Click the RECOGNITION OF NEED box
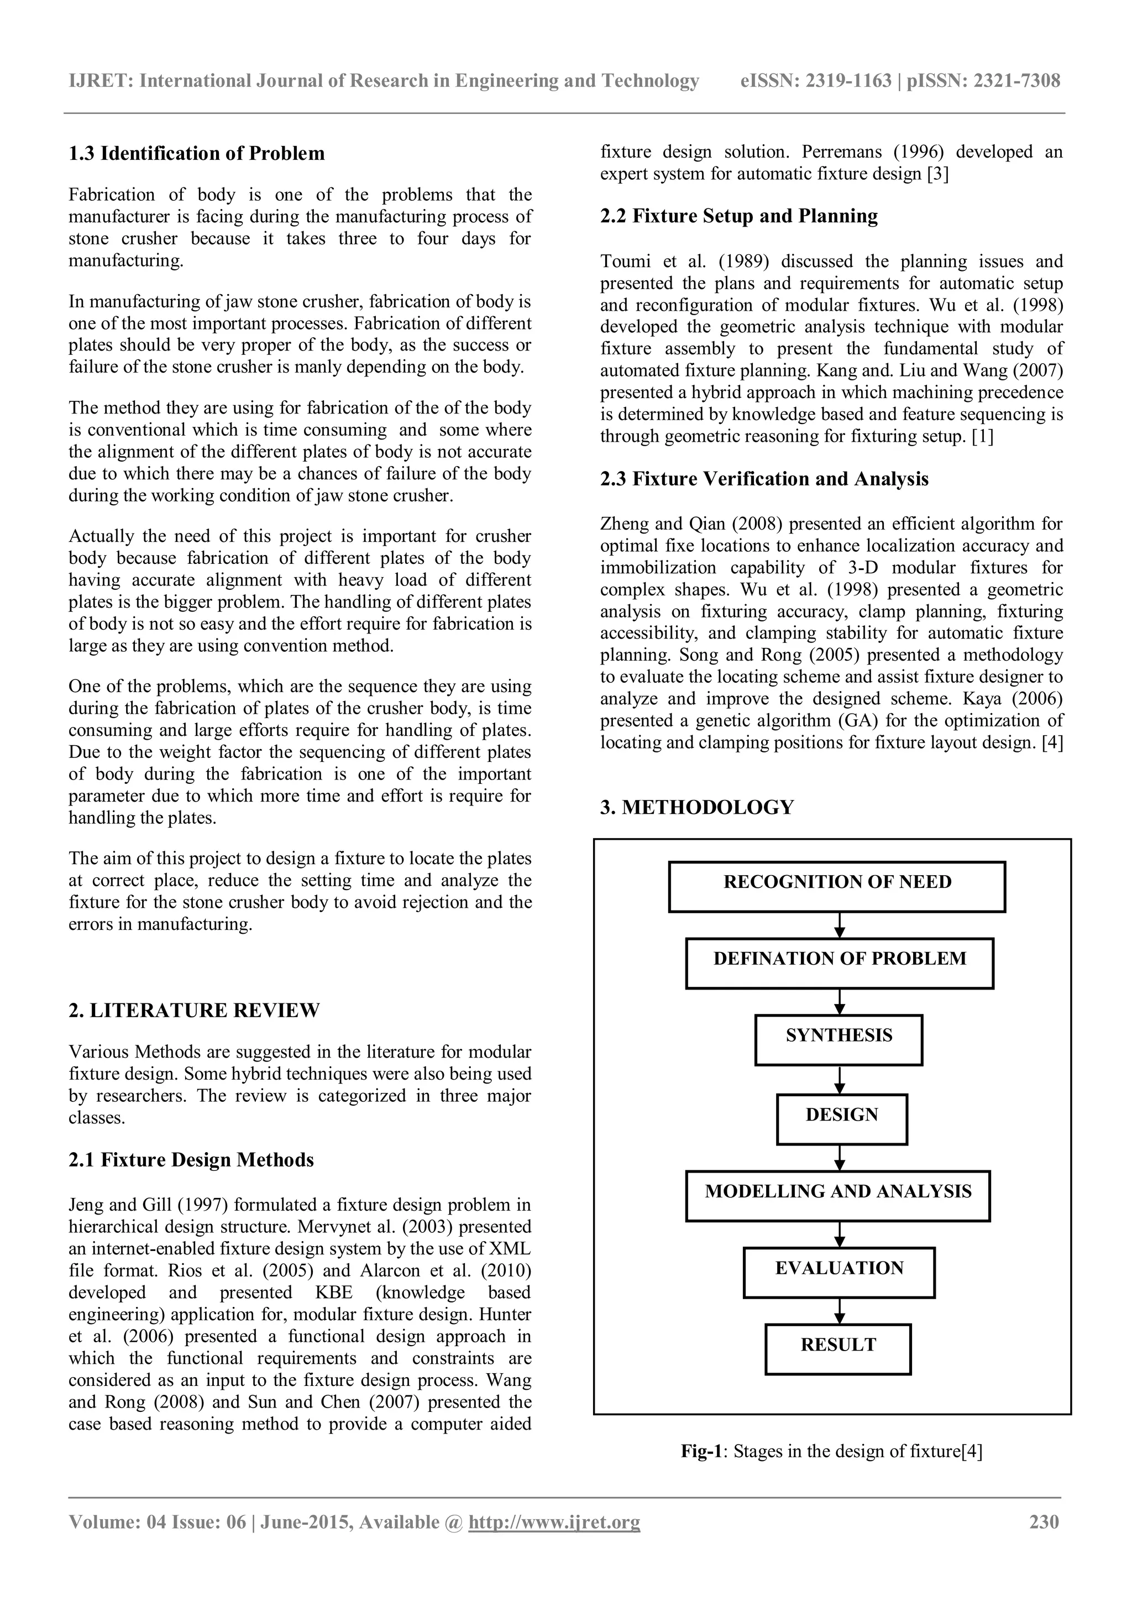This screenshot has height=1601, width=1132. click(x=836, y=886)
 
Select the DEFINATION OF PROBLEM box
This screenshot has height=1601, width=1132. click(x=839, y=963)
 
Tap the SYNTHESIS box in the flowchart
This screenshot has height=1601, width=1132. click(x=838, y=1040)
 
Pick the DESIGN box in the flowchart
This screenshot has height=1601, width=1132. click(x=841, y=1119)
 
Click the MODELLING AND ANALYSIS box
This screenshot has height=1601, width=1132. click(x=838, y=1196)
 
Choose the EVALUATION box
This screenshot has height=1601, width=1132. click(x=838, y=1273)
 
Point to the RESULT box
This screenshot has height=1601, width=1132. click(x=838, y=1349)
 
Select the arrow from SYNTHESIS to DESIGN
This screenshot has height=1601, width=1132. click(x=840, y=1080)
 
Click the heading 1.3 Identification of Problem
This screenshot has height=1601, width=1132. click(x=197, y=153)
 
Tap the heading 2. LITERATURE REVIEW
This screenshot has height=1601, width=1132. click(x=194, y=1011)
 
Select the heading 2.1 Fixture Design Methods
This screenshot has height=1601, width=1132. click(x=191, y=1160)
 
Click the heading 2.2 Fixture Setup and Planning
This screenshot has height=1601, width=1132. click(x=739, y=216)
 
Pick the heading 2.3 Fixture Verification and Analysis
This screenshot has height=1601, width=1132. click(x=764, y=479)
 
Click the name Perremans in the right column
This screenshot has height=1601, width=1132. click(x=843, y=152)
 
